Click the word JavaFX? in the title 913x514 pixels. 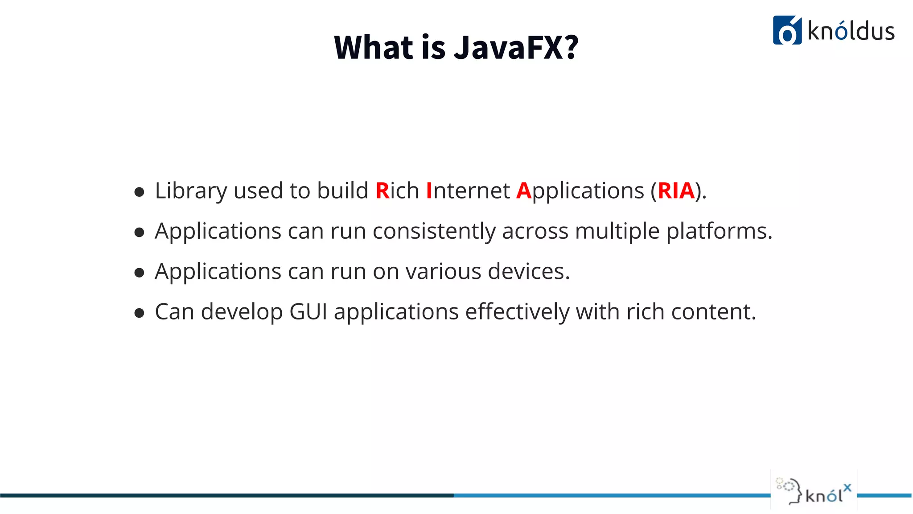pyautogui.click(x=516, y=47)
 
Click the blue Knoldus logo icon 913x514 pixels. pyautogui.click(x=787, y=30)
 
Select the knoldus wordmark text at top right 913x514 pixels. pyautogui.click(x=851, y=32)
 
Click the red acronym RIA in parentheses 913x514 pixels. pyautogui.click(x=676, y=191)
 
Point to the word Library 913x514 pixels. pyautogui.click(x=191, y=191)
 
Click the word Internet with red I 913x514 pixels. pyautogui.click(x=468, y=191)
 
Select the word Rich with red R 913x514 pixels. pyautogui.click(x=397, y=191)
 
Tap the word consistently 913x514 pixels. pyautogui.click(x=434, y=231)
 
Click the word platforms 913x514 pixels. pyautogui.click(x=719, y=231)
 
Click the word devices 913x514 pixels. pyautogui.click(x=529, y=271)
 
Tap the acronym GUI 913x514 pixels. pyautogui.click(x=308, y=311)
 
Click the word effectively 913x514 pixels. pyautogui.click(x=517, y=311)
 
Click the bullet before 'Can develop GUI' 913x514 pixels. pyautogui.click(x=139, y=313)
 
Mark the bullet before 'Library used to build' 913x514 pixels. pyautogui.click(x=139, y=192)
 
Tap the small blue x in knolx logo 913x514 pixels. pyautogui.click(x=847, y=488)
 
